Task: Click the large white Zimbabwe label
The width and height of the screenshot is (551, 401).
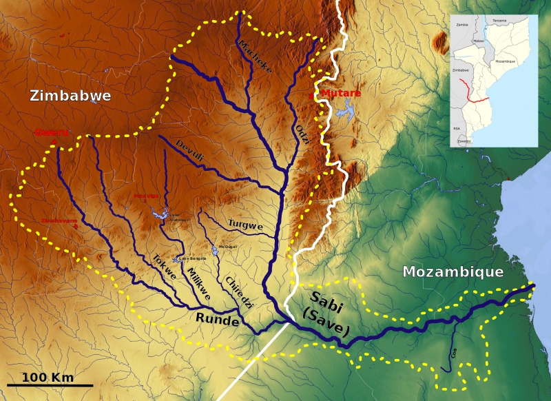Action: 70,96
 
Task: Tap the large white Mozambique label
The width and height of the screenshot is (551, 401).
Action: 453,272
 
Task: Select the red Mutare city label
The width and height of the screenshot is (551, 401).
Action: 341,93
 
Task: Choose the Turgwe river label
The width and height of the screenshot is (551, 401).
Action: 245,225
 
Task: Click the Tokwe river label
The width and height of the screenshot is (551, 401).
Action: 164,267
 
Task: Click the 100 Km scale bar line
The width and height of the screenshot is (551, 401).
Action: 50,384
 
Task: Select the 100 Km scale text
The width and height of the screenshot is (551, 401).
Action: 47,377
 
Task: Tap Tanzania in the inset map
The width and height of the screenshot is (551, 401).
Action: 499,21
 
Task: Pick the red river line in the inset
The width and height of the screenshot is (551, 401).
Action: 472,93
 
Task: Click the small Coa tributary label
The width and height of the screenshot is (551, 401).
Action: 454,353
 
